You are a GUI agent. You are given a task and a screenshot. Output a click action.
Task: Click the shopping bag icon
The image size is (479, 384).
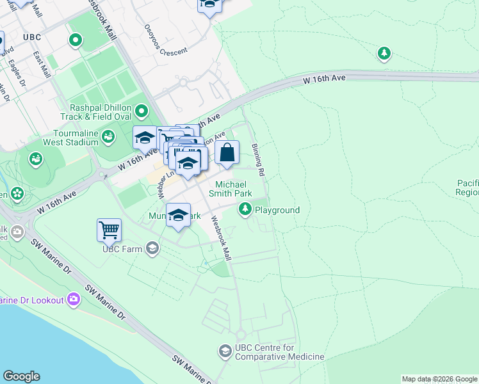pyautogui.click(x=227, y=154)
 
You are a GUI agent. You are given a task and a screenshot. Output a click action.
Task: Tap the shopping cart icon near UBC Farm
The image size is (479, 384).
pyautogui.click(x=109, y=230)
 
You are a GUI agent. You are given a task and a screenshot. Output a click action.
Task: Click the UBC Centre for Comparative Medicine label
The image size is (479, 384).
pyautogui.click(x=279, y=352)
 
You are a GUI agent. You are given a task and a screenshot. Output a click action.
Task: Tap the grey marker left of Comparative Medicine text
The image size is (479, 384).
pyautogui.click(x=225, y=351)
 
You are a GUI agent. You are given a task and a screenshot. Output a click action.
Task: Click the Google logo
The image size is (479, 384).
pyautogui.click(x=21, y=376)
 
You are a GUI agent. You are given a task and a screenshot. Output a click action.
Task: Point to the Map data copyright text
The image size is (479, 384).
pyautogui.click(x=439, y=379)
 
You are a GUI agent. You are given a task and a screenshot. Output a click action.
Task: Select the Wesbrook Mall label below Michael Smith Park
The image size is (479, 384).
pyautogui.click(x=220, y=237)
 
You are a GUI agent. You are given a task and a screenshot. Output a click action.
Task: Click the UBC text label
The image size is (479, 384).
pyautogui.click(x=31, y=37)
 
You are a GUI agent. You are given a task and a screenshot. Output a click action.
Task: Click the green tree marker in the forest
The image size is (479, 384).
pyautogui.click(x=384, y=53)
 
